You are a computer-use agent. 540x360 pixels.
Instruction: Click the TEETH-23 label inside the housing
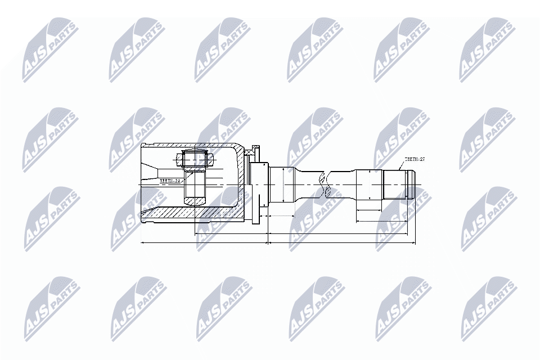169,181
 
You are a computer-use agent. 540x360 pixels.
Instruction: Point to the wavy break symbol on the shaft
322,184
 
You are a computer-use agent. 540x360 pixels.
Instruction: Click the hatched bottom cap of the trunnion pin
195,199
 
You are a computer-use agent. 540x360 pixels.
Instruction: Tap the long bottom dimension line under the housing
202,243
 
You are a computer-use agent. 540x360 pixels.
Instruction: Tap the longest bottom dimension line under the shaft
342,243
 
